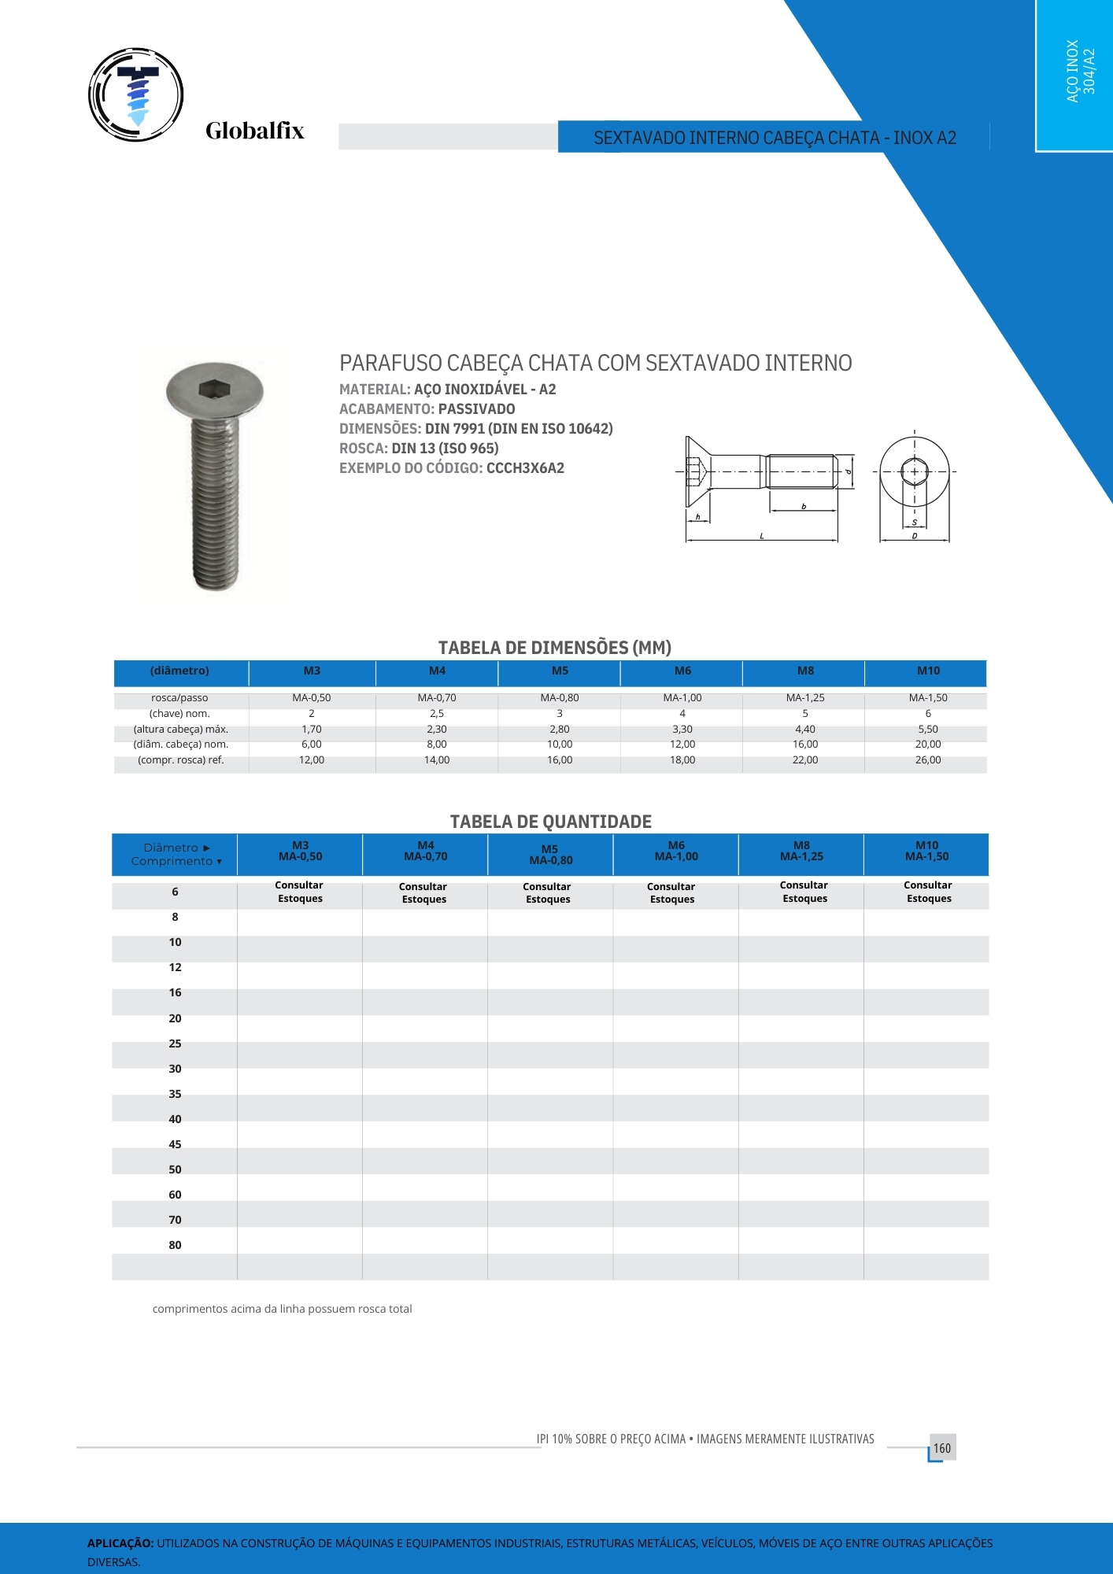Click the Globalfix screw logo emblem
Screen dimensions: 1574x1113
click(136, 94)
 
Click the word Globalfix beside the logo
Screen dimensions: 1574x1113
click(254, 131)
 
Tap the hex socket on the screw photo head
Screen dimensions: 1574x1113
click(213, 388)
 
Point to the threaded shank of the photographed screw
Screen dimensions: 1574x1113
click(215, 504)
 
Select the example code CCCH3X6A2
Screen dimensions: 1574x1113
click(525, 468)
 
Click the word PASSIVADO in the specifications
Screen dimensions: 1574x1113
click(476, 409)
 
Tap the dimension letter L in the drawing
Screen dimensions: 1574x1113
click(762, 536)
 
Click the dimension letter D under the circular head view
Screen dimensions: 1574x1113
click(914, 536)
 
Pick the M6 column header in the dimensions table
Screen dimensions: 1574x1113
click(682, 671)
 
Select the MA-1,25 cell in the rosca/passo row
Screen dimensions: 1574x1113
click(805, 698)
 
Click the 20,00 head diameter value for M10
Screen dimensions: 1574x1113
click(928, 745)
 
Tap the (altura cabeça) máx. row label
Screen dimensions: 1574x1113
click(180, 730)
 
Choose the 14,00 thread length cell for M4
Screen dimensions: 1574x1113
click(437, 760)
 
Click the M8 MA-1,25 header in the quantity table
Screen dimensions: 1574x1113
click(801, 852)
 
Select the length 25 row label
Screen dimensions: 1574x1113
click(175, 1044)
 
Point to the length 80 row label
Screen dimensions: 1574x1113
click(175, 1245)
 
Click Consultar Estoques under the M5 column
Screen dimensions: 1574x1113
click(548, 892)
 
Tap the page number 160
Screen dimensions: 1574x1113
click(942, 1448)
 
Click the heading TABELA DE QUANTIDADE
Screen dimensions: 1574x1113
click(550, 822)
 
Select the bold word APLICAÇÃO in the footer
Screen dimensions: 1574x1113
click(120, 1543)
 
